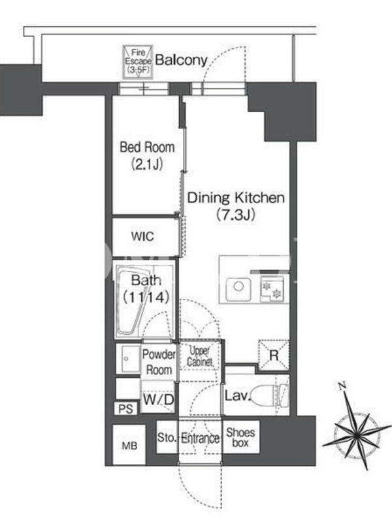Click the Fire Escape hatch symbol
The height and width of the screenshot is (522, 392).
[138, 62]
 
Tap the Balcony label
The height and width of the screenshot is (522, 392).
[182, 60]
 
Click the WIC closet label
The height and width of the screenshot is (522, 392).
[142, 236]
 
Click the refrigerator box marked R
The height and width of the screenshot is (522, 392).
[274, 355]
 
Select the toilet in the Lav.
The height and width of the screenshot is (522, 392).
[269, 395]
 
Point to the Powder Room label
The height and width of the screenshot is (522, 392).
[159, 362]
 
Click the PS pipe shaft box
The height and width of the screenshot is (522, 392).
[125, 409]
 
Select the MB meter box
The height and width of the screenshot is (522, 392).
[129, 445]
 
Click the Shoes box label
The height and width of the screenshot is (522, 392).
[240, 437]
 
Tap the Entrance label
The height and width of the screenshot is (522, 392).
[200, 438]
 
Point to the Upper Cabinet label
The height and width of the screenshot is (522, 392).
[200, 356]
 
